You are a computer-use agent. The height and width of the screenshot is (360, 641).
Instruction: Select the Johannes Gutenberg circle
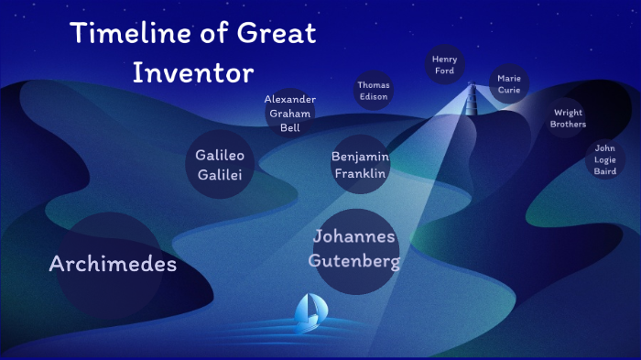pos(354,249)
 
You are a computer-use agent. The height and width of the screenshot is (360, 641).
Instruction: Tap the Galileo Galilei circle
pos(220,166)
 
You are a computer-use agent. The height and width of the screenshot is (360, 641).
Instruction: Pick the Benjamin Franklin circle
pos(359,165)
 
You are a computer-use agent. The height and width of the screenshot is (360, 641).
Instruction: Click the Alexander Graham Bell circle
pos(290,114)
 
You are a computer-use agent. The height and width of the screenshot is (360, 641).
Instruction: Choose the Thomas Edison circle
pos(373,91)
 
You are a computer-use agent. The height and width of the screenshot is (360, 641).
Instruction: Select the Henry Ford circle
pos(445,65)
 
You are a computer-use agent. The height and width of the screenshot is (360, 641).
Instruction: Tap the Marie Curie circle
pos(509,84)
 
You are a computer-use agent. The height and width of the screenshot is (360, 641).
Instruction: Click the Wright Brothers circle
pos(568,118)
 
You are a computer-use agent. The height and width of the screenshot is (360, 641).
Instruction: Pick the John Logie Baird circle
pos(605,159)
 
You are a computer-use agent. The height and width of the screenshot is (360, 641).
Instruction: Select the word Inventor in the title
pos(192,72)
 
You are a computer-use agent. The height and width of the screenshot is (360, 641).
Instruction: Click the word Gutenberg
pos(354,261)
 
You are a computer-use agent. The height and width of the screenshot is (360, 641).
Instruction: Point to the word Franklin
pos(359,174)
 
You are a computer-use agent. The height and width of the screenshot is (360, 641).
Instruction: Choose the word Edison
pos(373,97)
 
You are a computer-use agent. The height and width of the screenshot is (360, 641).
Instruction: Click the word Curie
pos(509,91)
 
